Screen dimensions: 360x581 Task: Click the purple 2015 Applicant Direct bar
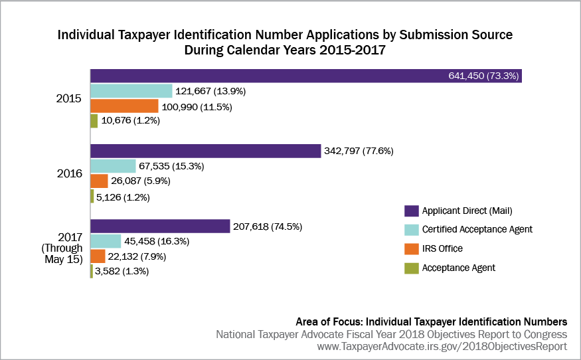266,76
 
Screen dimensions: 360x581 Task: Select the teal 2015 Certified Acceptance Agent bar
131,91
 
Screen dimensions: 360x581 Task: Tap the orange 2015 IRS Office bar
124,106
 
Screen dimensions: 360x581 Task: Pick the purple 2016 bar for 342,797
205,151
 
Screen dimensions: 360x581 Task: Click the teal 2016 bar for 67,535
113,166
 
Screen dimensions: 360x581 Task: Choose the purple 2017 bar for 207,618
160,226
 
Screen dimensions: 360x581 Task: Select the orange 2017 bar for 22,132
98,256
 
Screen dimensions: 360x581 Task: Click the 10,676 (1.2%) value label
131,122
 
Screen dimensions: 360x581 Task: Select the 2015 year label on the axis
68,99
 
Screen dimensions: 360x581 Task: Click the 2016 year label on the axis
68,174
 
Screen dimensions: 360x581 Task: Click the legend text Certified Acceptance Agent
477,230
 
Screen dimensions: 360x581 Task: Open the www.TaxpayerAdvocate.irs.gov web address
443,347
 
